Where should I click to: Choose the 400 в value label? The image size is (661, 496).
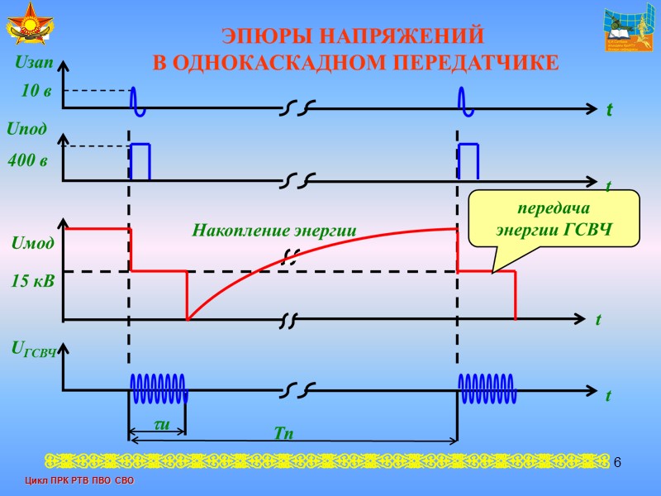click(x=27, y=160)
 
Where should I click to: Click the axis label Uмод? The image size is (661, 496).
click(x=33, y=243)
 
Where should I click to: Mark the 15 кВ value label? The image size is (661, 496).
click(x=33, y=282)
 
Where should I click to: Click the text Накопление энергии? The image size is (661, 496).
click(x=273, y=231)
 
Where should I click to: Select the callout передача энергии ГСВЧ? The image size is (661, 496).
click(x=554, y=219)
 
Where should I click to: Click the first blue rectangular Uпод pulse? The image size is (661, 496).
click(x=140, y=161)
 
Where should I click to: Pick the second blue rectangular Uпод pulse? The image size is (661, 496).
click(x=468, y=161)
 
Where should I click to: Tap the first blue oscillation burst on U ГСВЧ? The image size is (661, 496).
click(x=158, y=389)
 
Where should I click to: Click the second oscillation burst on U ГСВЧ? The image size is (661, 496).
click(x=487, y=389)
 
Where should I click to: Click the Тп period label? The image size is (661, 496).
click(x=284, y=432)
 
